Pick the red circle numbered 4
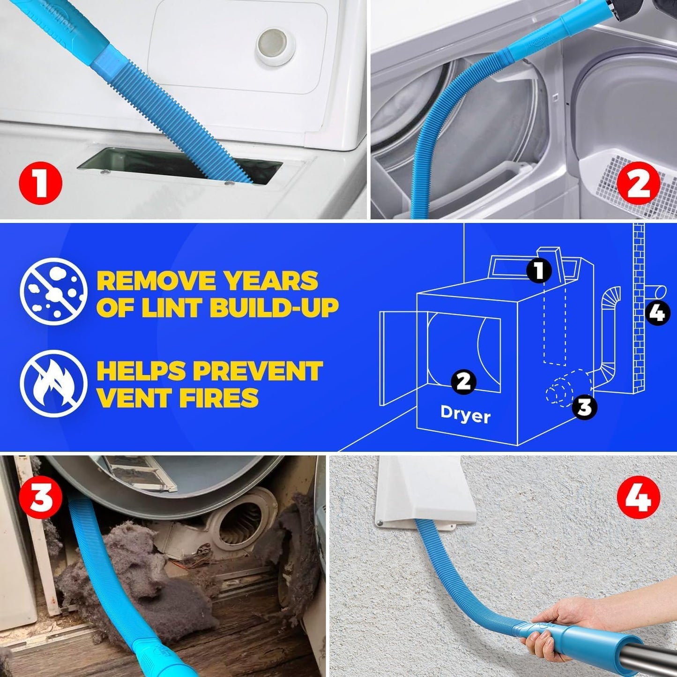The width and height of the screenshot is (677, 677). [638, 497]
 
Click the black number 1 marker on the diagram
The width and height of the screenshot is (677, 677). [539, 270]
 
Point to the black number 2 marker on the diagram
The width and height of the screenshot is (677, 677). [463, 381]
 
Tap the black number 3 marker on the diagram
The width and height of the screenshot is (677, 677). [584, 406]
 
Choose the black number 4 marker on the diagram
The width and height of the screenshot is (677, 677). [658, 312]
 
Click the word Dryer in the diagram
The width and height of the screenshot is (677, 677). [465, 415]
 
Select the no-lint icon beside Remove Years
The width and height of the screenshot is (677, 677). [54, 291]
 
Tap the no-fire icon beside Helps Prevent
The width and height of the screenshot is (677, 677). [54, 383]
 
